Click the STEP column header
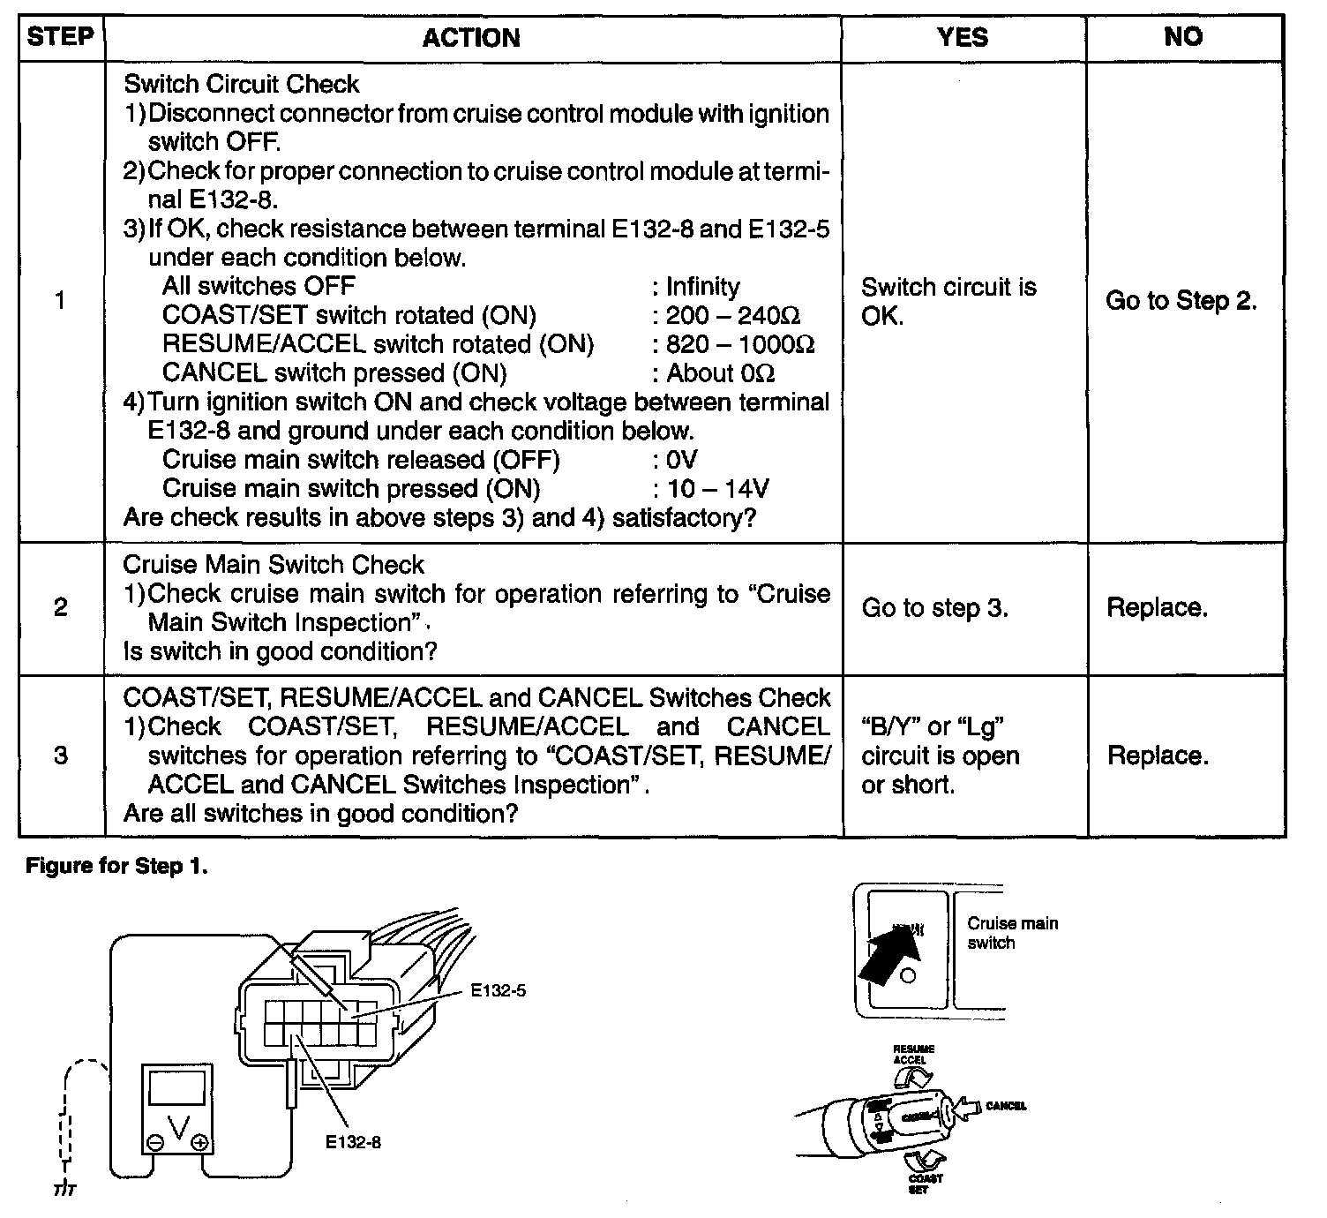tap(60, 37)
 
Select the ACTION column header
tap(471, 38)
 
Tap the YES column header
tap(963, 37)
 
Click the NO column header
tap(1182, 37)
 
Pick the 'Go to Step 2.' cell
tap(1181, 301)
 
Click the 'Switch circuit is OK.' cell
tap(948, 301)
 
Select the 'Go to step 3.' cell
tap(934, 608)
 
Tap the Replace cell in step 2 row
tap(1157, 608)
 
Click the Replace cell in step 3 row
tap(1157, 756)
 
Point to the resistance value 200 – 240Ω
tap(733, 315)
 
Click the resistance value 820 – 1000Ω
tap(740, 344)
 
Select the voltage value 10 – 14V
tap(717, 488)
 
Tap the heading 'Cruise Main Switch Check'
tap(274, 565)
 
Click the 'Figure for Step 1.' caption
tap(117, 866)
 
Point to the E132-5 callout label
tap(498, 991)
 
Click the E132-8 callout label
tap(353, 1142)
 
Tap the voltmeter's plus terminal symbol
tap(200, 1143)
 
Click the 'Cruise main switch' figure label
tap(1012, 933)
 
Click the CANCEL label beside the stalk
tap(1006, 1106)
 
